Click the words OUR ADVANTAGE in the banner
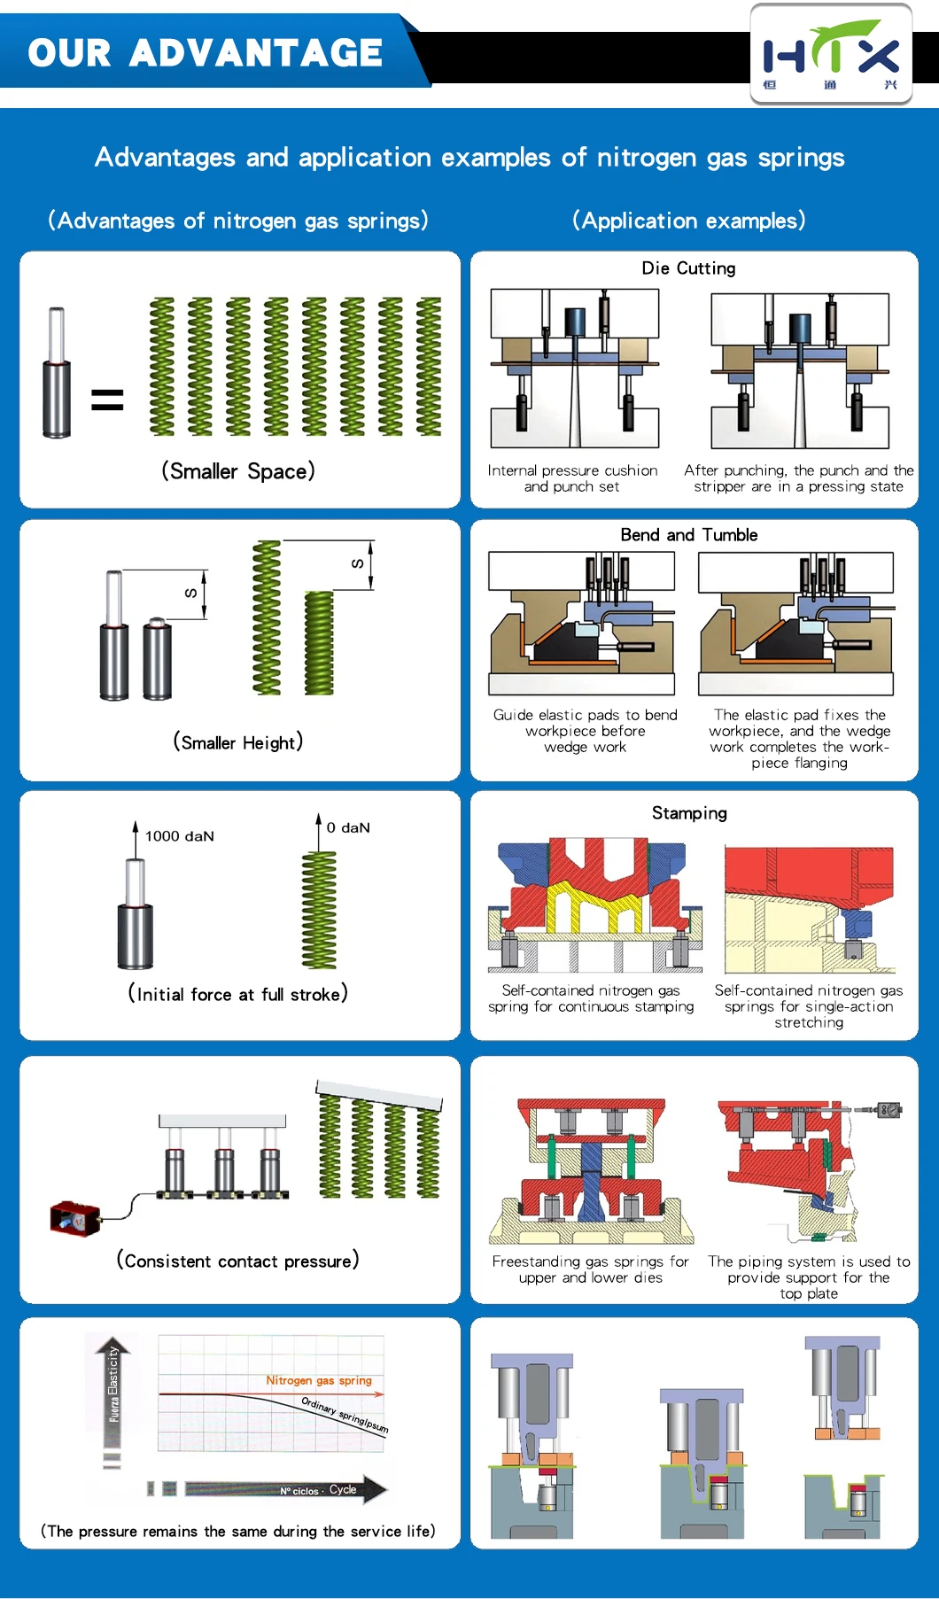point(205,53)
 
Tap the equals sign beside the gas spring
point(107,400)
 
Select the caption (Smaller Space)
point(237,471)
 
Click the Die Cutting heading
point(688,268)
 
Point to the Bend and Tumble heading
point(688,535)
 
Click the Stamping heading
point(689,813)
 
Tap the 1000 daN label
point(179,836)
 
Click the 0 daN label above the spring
point(348,827)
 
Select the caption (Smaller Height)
point(237,742)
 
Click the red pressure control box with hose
point(74,1219)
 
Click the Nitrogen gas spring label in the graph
point(319,1380)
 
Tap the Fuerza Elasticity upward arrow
point(113,1382)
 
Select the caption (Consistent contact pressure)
point(237,1261)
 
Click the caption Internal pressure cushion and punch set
point(572,478)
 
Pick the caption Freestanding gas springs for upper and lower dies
point(590,1269)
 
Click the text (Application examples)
point(688,221)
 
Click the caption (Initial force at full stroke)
point(237,994)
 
